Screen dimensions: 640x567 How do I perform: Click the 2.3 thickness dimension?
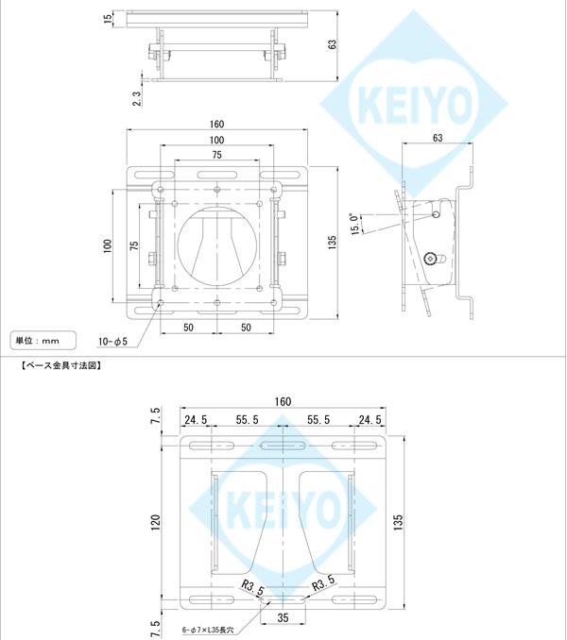pyautogui.click(x=138, y=98)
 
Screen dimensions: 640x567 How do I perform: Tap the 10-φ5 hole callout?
pyautogui.click(x=112, y=341)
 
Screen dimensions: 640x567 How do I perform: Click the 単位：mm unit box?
pyautogui.click(x=37, y=339)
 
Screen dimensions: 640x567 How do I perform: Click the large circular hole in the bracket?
pyautogui.click(x=217, y=243)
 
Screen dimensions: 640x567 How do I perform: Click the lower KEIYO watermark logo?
pyautogui.click(x=283, y=511)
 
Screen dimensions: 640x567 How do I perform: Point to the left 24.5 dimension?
pyautogui.click(x=196, y=420)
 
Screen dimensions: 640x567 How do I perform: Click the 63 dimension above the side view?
pyautogui.click(x=437, y=138)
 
